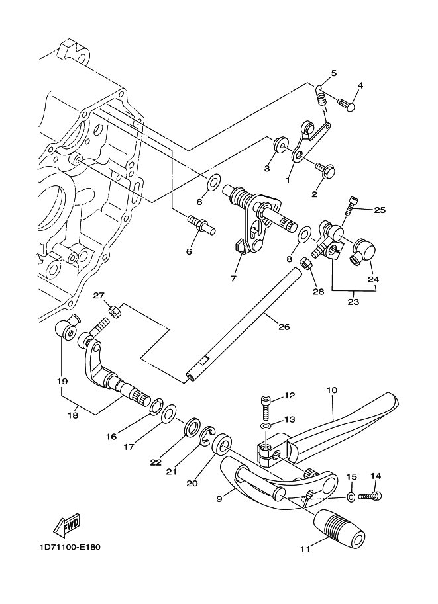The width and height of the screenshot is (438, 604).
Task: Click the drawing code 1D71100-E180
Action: point(70,547)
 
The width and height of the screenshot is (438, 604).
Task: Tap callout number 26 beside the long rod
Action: point(284,327)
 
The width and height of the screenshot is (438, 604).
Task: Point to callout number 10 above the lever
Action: point(331,390)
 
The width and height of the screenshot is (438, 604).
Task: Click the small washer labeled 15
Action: point(351,497)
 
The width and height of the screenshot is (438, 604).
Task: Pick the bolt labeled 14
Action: point(370,497)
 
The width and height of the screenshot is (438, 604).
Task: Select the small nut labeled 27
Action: point(114,310)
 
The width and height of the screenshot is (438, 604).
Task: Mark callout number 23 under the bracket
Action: point(353,302)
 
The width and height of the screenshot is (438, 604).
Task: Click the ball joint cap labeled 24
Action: point(363,251)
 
